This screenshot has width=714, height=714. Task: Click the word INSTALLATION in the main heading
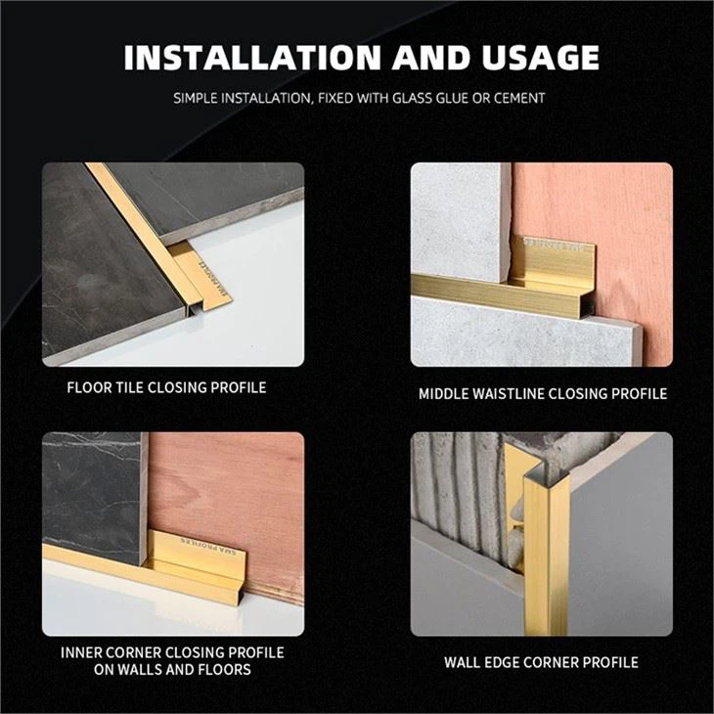251,58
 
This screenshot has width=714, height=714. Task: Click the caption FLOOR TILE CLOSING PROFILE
166,387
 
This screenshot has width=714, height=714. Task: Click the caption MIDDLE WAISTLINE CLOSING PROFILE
543,393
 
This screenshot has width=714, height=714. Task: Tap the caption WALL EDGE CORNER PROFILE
541,662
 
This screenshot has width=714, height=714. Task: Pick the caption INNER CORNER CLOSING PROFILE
172,651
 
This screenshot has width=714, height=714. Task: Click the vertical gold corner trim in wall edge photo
537,548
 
